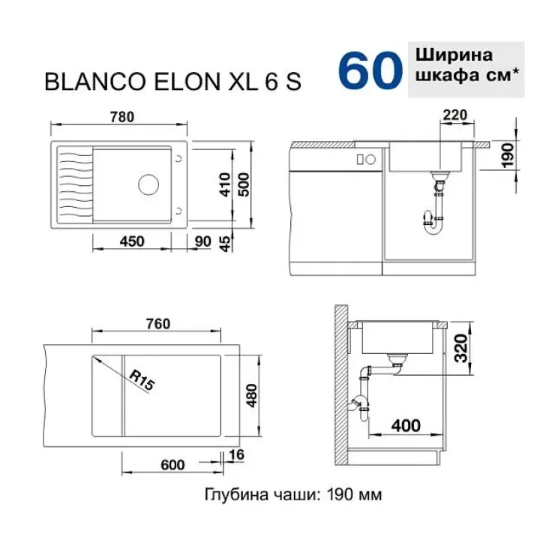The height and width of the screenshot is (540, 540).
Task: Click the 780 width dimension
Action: [x=122, y=117]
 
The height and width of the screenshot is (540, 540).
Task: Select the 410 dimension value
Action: [x=225, y=184]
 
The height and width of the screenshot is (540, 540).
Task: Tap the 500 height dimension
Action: [x=244, y=184]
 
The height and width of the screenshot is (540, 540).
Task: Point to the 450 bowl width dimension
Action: [x=132, y=241]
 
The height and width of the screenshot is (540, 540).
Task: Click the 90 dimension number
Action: [x=202, y=241]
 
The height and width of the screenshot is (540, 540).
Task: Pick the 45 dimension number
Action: [x=225, y=244]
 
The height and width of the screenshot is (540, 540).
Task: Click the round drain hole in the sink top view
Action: [x=148, y=184]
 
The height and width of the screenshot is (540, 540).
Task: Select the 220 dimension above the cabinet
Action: [x=454, y=115]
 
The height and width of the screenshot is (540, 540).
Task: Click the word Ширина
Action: [x=454, y=55]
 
